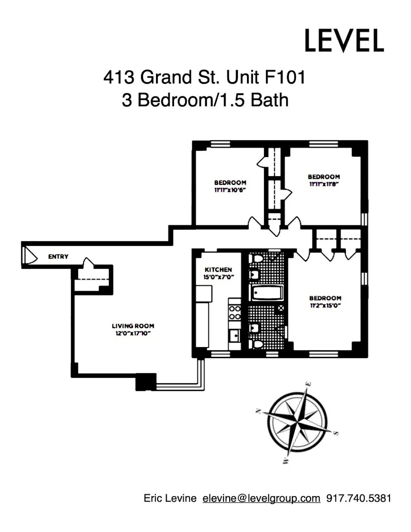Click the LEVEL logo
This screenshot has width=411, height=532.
344,40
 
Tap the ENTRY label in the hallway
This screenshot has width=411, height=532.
58,257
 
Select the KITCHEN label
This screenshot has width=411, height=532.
218,269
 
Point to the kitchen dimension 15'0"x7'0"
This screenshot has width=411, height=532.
218,277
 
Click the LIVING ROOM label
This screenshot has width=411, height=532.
133,326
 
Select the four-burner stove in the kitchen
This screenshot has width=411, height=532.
235,312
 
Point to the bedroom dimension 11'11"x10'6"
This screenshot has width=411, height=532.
230,190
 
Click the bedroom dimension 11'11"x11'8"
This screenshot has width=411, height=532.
324,184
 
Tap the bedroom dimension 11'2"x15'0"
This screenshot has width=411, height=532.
325,306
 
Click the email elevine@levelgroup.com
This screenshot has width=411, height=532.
261,498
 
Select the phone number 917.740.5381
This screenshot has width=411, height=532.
358,498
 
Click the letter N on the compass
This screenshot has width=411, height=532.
258,411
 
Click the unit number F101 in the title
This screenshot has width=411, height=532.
285,77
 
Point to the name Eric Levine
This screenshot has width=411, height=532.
170,498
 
